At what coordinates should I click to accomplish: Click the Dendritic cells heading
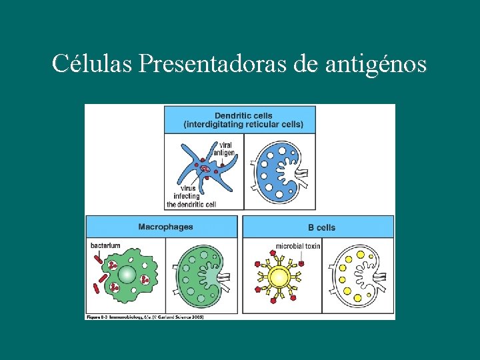click(243, 115)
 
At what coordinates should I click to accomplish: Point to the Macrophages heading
click(165, 227)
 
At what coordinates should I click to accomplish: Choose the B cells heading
click(321, 227)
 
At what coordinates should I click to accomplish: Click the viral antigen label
click(224, 149)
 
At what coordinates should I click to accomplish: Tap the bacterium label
click(105, 245)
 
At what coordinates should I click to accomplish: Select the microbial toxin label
click(298, 246)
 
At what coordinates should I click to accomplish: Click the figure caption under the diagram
click(145, 317)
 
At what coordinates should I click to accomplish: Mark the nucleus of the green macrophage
click(127, 275)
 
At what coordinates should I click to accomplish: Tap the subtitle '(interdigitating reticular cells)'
click(243, 125)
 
